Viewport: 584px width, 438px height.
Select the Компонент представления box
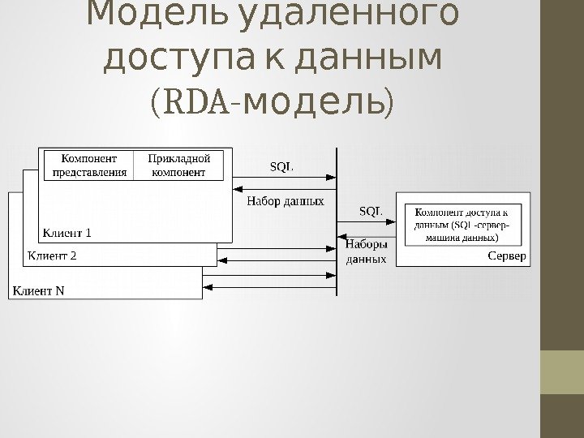(x=90, y=165)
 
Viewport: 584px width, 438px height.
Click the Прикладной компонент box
(x=178, y=165)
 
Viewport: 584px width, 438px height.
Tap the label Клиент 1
(x=67, y=233)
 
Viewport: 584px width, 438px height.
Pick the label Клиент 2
(x=53, y=256)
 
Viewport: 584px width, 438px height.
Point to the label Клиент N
(x=38, y=290)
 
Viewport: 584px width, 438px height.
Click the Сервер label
(x=507, y=256)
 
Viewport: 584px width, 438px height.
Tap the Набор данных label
(x=286, y=200)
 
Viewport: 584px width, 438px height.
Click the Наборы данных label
(x=367, y=251)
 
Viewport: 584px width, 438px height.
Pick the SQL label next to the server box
(x=371, y=211)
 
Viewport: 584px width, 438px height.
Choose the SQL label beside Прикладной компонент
(x=281, y=166)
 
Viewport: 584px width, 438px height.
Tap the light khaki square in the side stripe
(x=562, y=372)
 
